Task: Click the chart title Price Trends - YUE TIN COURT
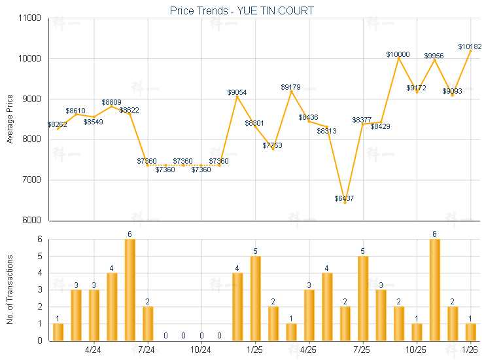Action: click(x=241, y=10)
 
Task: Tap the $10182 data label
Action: click(x=469, y=46)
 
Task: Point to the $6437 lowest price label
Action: click(x=344, y=198)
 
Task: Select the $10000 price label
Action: click(x=398, y=54)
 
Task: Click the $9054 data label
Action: click(x=237, y=93)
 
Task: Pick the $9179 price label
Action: click(x=291, y=87)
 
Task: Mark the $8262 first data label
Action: click(x=58, y=124)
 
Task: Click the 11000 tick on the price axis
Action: click(x=31, y=18)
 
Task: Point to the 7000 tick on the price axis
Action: click(x=33, y=180)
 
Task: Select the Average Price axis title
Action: click(x=10, y=119)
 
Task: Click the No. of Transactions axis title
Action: click(x=10, y=289)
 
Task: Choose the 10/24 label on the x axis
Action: click(x=201, y=350)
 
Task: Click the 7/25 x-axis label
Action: click(x=362, y=350)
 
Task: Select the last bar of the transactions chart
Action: click(x=470, y=332)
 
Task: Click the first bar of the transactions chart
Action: click(x=58, y=332)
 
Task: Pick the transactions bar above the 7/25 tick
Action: click(x=363, y=298)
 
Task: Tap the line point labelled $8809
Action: click(x=112, y=107)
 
